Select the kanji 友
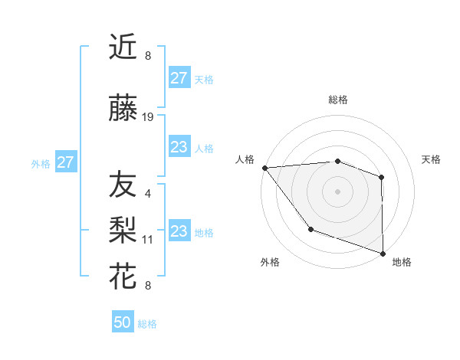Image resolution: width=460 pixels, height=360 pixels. (x=123, y=185)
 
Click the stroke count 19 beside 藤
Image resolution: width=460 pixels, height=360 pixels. (x=148, y=117)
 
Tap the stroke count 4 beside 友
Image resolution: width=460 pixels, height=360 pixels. (x=148, y=193)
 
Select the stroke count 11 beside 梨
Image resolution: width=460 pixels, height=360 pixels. (x=148, y=240)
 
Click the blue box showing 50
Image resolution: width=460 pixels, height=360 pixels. (x=123, y=322)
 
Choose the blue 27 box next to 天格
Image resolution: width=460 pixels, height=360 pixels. (x=179, y=78)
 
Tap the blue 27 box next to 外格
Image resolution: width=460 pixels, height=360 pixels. (x=66, y=162)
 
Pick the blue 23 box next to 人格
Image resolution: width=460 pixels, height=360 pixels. (x=179, y=147)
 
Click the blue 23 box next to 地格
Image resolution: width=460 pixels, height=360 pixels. (x=179, y=231)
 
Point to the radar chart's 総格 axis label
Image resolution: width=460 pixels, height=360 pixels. (x=337, y=100)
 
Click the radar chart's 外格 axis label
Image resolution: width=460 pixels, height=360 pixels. (x=270, y=262)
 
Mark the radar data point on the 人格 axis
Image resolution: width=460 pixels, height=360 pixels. (x=264, y=168)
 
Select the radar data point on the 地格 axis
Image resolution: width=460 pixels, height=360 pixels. (x=383, y=253)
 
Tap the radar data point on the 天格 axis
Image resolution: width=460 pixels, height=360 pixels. (x=382, y=177)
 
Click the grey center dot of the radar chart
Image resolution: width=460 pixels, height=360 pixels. (x=337, y=191)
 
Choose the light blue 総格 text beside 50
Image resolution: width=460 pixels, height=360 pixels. (x=147, y=324)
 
